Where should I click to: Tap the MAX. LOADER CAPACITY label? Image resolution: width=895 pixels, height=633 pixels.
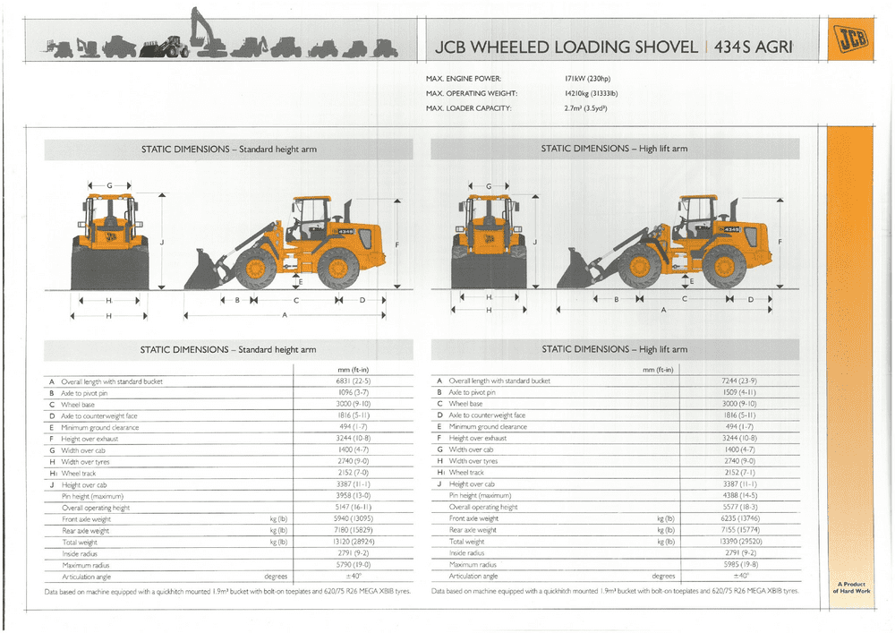(468, 108)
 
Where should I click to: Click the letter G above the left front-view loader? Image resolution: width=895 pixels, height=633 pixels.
(109, 185)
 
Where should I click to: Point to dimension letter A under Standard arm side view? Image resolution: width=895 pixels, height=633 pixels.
(285, 315)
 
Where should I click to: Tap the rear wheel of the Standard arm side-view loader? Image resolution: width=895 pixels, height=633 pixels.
(338, 267)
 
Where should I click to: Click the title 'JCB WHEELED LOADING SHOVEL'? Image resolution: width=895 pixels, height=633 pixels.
(565, 47)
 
